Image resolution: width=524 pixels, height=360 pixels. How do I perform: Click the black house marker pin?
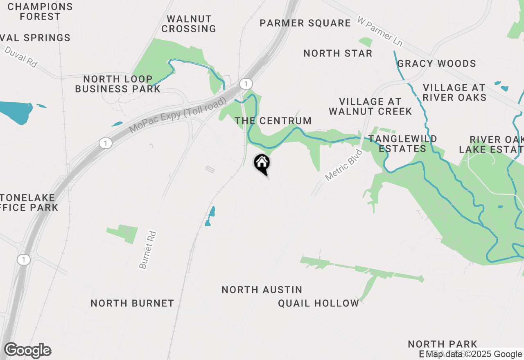[262, 164]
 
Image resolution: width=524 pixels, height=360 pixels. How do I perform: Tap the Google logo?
[27, 351]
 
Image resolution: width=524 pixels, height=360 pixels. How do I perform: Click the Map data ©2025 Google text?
[474, 354]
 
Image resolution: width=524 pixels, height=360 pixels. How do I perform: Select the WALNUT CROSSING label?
[189, 24]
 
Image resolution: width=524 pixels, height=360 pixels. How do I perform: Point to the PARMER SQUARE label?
[305, 23]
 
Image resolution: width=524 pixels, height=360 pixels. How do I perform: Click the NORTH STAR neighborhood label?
[338, 53]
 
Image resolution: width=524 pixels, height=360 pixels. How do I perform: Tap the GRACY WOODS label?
[436, 63]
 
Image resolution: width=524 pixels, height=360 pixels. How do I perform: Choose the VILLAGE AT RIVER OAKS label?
[454, 92]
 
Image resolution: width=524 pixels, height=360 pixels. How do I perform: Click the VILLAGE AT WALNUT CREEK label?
[370, 106]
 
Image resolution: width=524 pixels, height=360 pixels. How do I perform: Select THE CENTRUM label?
[273, 121]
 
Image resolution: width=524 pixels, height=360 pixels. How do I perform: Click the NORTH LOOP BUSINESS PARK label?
[118, 84]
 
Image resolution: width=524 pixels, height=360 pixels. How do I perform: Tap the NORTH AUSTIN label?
[262, 290]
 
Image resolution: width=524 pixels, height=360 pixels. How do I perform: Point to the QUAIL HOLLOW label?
[318, 303]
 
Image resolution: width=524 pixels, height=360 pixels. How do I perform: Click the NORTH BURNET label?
[132, 303]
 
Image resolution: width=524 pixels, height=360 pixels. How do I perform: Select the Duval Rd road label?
[21, 57]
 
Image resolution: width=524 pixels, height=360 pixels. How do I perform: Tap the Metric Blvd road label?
[344, 165]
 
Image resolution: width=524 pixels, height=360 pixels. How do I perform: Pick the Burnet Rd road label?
[148, 250]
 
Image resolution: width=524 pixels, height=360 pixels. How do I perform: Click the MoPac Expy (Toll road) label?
[178, 115]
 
